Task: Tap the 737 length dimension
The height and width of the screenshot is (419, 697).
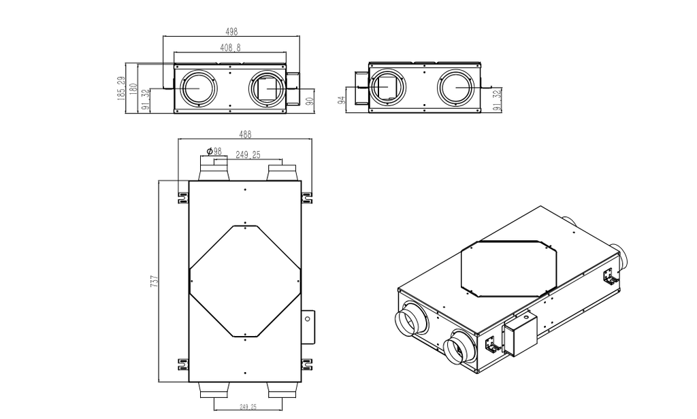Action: click(x=155, y=281)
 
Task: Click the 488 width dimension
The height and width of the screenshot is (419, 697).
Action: click(x=246, y=134)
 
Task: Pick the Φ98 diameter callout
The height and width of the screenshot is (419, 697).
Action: click(x=214, y=151)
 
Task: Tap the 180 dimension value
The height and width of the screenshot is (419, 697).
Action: click(x=133, y=88)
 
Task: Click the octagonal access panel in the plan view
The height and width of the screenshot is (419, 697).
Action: click(x=244, y=280)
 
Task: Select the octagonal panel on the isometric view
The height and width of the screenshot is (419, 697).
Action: click(x=509, y=267)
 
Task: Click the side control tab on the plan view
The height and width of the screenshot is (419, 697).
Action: click(x=308, y=327)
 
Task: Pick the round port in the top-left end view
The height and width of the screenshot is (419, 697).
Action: click(x=197, y=88)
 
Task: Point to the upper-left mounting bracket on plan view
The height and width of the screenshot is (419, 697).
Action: click(x=182, y=198)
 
